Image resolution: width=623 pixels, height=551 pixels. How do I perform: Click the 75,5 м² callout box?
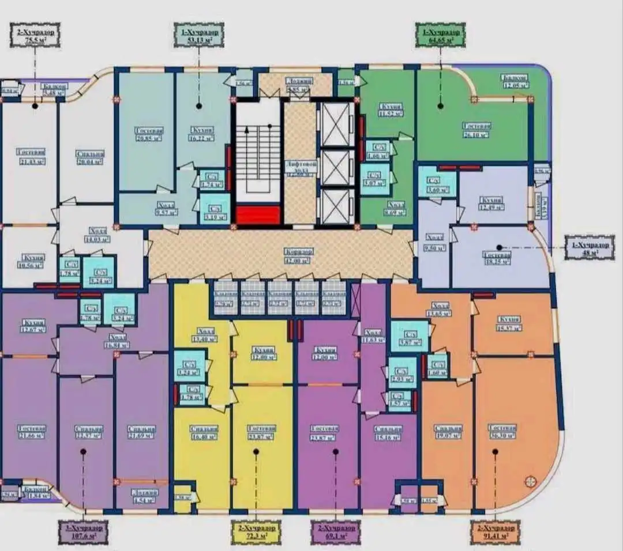35,36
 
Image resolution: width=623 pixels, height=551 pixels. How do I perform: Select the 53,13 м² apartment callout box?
198,35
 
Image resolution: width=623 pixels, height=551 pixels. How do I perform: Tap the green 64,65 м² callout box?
440,35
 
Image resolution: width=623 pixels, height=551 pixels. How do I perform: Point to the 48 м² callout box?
589,247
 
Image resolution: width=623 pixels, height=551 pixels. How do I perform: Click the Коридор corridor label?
298,256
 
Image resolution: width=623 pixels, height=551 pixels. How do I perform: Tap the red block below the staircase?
258,215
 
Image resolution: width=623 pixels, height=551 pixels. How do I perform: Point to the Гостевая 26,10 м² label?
476,130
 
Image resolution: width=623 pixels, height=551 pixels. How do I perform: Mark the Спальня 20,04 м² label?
90,158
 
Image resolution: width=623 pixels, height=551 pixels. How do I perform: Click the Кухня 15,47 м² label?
508,323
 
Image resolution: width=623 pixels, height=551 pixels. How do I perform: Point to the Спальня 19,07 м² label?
448,432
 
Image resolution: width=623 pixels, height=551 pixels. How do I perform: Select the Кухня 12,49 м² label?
491,203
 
